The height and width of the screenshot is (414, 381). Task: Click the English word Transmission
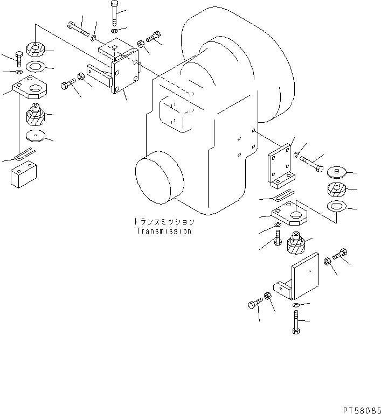coord(164,231)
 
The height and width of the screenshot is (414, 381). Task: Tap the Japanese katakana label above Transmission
coord(164,221)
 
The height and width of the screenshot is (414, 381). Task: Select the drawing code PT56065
coord(362,410)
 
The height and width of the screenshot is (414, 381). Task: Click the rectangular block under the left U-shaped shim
coord(24,174)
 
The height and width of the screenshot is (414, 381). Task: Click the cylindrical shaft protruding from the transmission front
coord(160,179)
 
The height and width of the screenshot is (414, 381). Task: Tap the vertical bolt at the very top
coord(114,13)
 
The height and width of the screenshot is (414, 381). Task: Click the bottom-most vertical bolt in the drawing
coord(296,322)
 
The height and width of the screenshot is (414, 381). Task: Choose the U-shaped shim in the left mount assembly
coord(24,153)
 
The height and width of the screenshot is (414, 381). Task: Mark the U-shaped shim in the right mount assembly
coord(283,195)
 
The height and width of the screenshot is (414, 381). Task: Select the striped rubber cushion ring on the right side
coord(336,190)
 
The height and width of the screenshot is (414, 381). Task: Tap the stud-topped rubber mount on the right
coord(296,243)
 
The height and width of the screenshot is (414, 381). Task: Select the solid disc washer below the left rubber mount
coord(36,136)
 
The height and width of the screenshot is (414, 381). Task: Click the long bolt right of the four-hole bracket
coord(311,164)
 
